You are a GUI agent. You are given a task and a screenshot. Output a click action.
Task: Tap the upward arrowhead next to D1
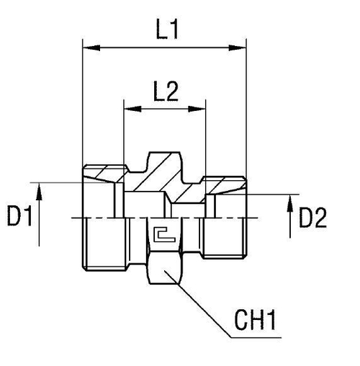tap(41, 189)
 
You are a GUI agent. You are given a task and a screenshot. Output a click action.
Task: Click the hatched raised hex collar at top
tap(164, 162)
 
